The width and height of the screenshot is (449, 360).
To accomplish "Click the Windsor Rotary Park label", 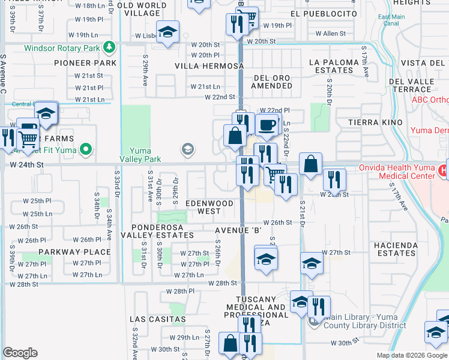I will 62,47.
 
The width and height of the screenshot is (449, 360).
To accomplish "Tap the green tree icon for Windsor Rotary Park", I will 109,46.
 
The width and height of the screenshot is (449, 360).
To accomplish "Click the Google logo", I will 20,353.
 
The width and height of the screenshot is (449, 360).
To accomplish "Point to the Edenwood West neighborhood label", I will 209,208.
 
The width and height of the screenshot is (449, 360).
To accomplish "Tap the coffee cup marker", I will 267,125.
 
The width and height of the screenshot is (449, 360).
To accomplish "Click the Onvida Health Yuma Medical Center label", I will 396,172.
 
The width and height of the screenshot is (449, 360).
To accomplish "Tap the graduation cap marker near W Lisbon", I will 168,31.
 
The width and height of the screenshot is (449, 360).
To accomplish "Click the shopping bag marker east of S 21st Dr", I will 310,164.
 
